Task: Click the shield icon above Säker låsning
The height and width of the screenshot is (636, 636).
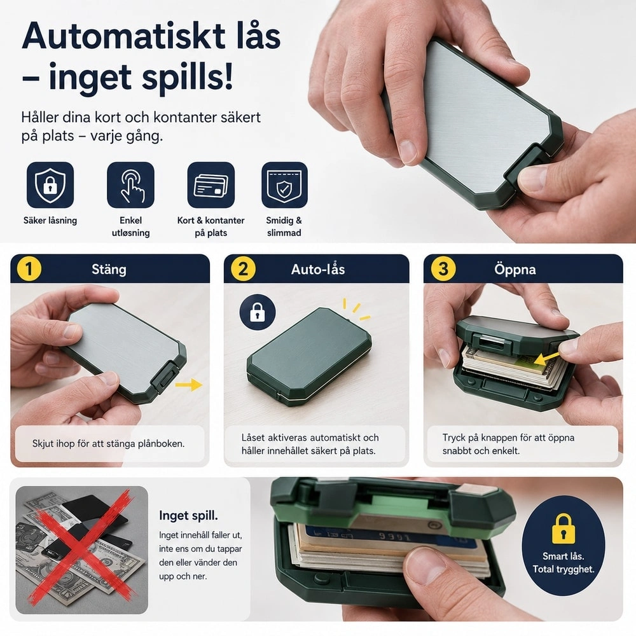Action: click(50, 185)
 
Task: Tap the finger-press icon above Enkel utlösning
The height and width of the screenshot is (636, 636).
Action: click(130, 185)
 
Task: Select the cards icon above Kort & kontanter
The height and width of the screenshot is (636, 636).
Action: click(211, 185)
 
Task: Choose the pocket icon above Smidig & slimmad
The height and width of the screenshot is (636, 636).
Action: click(284, 185)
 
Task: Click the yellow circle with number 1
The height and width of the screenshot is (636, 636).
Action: click(29, 268)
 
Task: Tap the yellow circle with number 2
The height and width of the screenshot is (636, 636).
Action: click(243, 268)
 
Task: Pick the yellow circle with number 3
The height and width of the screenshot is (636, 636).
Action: click(443, 268)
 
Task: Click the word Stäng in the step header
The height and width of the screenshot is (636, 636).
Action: click(109, 269)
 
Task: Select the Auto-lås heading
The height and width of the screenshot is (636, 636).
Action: click(318, 269)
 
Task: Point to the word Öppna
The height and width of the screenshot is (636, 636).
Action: click(515, 269)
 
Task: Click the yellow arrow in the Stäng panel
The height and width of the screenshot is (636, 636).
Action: click(189, 384)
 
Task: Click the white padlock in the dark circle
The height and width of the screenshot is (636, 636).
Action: click(258, 312)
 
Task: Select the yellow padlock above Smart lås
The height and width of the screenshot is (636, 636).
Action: click(563, 528)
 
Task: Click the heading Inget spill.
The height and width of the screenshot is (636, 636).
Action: click(188, 516)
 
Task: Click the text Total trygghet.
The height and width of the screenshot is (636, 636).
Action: click(563, 569)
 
